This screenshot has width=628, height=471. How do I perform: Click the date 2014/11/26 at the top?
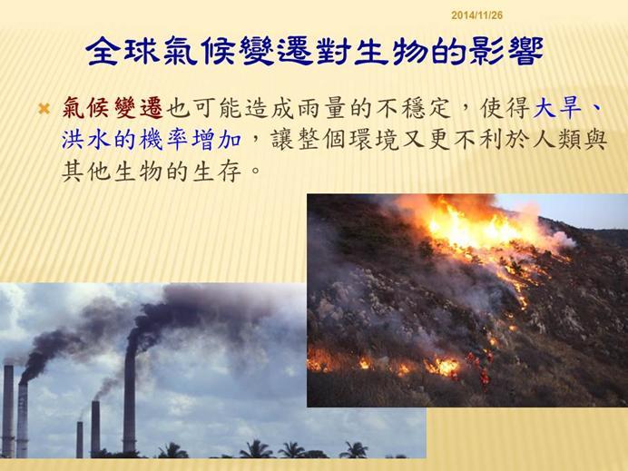476,15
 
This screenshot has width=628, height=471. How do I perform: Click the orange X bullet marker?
44,108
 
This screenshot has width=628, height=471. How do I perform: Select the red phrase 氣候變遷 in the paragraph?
113,108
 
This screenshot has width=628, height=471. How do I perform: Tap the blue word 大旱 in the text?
557,108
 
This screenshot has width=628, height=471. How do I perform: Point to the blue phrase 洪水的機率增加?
152,140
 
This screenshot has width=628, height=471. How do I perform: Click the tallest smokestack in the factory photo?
130,397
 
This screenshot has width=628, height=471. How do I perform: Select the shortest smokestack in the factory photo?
80,439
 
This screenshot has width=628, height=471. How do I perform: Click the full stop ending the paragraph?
255,176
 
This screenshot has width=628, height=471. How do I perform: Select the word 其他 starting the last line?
86,172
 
